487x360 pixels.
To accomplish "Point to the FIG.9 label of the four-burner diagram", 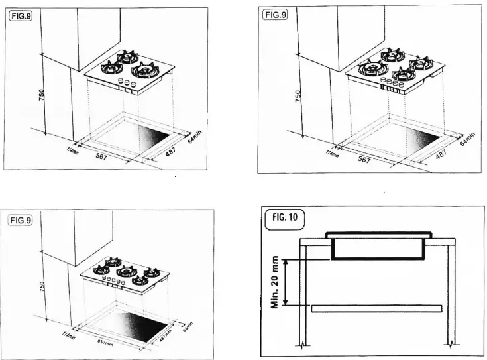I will [x=272, y=14].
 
